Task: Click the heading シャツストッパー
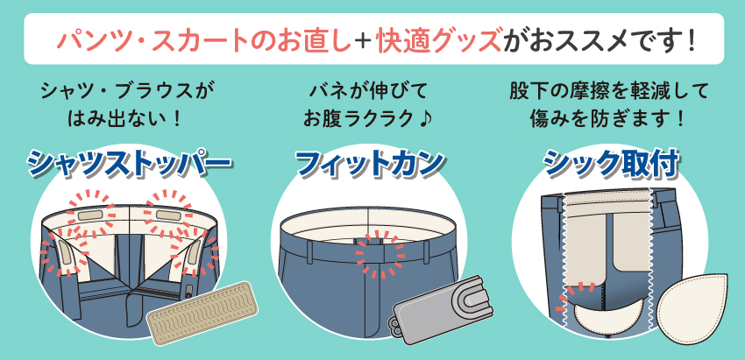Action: click(129, 165)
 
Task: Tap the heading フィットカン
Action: click(370, 164)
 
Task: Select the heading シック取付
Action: click(611, 165)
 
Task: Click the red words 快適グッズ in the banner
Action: click(438, 40)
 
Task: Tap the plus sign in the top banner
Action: click(365, 40)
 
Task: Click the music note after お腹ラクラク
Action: click(424, 119)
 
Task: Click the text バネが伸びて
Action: click(368, 91)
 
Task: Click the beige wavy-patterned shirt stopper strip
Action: click(202, 311)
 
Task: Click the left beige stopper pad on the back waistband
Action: click(90, 215)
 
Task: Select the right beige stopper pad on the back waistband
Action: click(168, 215)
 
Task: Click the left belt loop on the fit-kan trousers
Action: click(309, 251)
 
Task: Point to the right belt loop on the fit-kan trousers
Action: click(426, 251)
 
